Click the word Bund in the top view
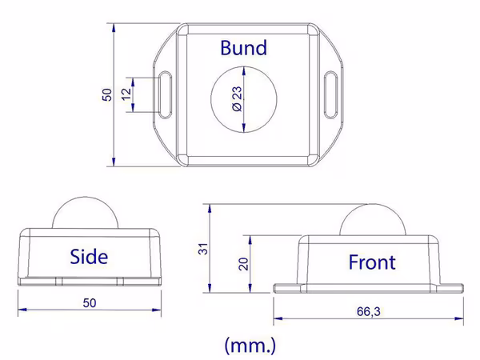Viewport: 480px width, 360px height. point(244,48)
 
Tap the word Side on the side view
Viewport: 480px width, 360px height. point(89,257)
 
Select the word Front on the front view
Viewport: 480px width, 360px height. point(372,262)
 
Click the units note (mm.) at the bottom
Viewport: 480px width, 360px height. point(250,346)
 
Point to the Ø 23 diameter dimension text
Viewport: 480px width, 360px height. point(238,99)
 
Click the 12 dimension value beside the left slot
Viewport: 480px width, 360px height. point(126,94)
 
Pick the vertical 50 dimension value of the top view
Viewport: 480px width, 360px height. point(107,95)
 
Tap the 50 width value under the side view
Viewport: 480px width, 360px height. point(90,302)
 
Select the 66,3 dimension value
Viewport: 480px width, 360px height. point(369,312)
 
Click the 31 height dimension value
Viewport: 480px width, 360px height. point(203,249)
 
